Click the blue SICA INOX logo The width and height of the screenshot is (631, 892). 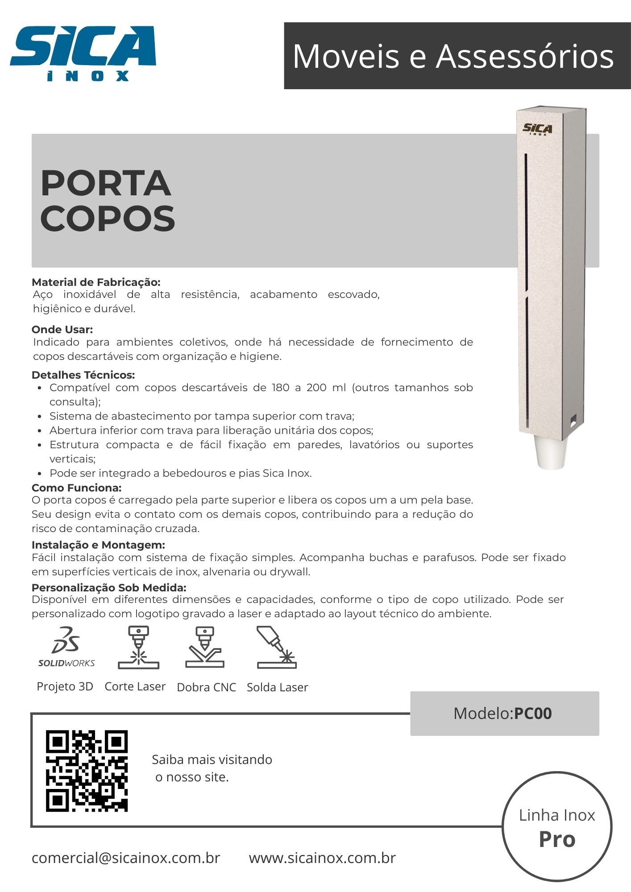pyautogui.click(x=83, y=53)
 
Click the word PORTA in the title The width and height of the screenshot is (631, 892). pyautogui.click(x=106, y=183)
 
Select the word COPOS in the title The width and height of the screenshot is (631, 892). pyautogui.click(x=108, y=218)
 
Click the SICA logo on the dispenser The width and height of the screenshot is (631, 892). pyautogui.click(x=537, y=129)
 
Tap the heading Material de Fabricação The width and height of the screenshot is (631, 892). pyautogui.click(x=96, y=282)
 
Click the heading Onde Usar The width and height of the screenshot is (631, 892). pyautogui.click(x=62, y=330)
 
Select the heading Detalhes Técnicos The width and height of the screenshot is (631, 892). pyautogui.click(x=83, y=375)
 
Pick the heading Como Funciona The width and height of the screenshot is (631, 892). pyautogui.click(x=76, y=487)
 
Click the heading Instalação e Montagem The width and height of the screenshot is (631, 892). pyautogui.click(x=98, y=545)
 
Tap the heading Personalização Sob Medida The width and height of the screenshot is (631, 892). pyautogui.click(x=109, y=587)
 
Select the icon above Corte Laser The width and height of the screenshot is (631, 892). pyautogui.click(x=138, y=648)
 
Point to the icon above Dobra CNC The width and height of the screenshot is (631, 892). pyautogui.click(x=205, y=648)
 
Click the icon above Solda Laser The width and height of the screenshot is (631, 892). pyautogui.click(x=277, y=648)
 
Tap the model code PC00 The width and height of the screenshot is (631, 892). pyautogui.click(x=533, y=714)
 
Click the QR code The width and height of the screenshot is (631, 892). pyautogui.click(x=87, y=771)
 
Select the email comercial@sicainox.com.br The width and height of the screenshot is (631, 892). pyautogui.click(x=126, y=858)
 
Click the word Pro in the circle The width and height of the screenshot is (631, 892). pyautogui.click(x=557, y=839)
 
